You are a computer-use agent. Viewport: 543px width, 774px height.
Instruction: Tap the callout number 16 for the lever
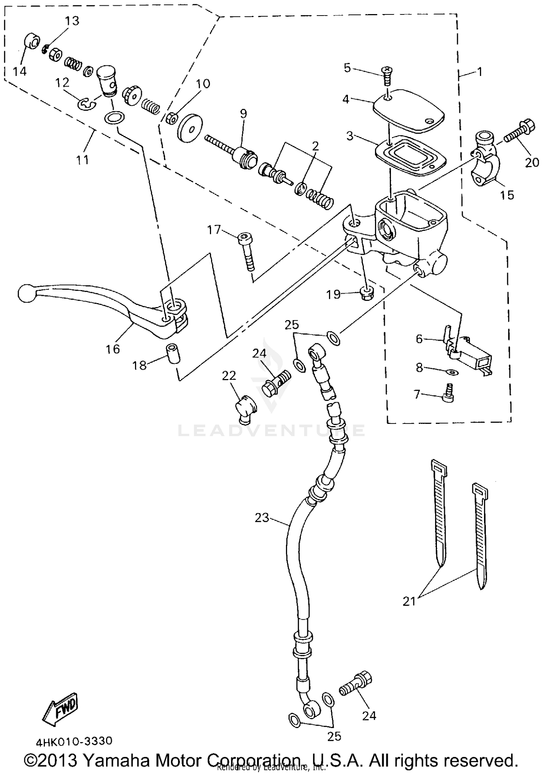point(113,349)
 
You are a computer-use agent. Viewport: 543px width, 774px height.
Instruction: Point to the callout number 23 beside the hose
point(262,518)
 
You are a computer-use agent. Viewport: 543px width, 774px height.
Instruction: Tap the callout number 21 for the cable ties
point(409,601)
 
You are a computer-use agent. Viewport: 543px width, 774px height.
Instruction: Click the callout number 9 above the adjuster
point(243,114)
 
